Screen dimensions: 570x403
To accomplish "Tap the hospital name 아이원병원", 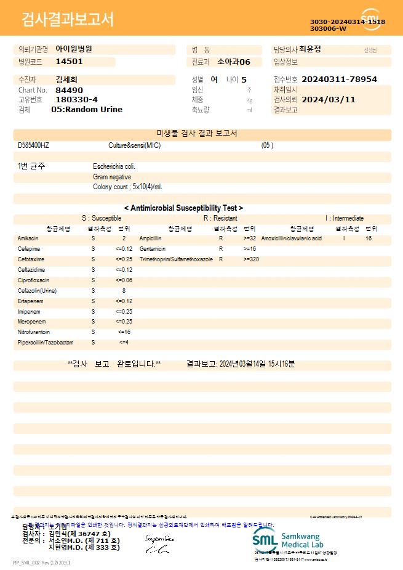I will pos(74,49).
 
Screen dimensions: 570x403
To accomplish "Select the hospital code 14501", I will pos(69,62).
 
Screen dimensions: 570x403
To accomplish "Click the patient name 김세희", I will pos(66,79).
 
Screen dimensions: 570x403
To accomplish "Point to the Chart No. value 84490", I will pos(68,90).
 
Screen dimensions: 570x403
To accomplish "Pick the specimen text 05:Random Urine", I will pos(87,109).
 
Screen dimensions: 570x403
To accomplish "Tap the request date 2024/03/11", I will pos(329,99).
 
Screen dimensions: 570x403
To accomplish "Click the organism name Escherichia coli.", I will pos(114,166).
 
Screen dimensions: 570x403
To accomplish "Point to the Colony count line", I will pos(127,186).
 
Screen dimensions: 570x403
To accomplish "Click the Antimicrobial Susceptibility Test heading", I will pos(183,208).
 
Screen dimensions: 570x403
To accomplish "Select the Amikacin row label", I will pos(28,238).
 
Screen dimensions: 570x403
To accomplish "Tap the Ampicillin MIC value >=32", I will pos(250,238).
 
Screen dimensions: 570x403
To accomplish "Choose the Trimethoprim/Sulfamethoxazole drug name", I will pos(176,259).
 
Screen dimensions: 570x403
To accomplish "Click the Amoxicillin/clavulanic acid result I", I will pos(344,238).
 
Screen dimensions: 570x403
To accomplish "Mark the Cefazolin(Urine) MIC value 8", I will pos(124,290).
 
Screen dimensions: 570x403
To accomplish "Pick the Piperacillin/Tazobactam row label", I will pos(46,342).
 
